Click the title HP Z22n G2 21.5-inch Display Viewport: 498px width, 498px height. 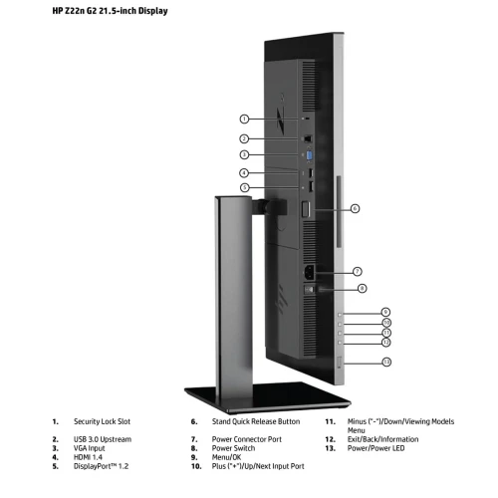click(x=110, y=11)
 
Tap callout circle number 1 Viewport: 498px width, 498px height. click(x=244, y=119)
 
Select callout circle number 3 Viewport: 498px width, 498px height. click(x=244, y=154)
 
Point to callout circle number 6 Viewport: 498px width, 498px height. click(x=355, y=208)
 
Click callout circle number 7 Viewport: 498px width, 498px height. click(x=358, y=272)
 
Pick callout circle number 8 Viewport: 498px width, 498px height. click(x=363, y=289)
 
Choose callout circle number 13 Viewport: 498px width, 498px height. click(x=386, y=362)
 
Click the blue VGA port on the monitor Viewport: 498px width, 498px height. click(x=309, y=156)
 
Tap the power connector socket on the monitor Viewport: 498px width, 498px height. click(x=310, y=272)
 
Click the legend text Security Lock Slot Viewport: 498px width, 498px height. click(x=102, y=421)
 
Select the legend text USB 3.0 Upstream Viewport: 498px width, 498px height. click(x=103, y=439)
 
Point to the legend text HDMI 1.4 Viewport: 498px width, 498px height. click(x=88, y=457)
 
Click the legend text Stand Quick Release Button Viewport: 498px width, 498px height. click(x=256, y=421)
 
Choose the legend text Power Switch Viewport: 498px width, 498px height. click(x=233, y=448)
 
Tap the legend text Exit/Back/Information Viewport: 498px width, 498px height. click(x=382, y=439)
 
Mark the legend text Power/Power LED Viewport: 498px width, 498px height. click(x=375, y=448)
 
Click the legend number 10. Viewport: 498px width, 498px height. click(x=196, y=466)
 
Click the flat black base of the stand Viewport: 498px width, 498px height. click(x=268, y=397)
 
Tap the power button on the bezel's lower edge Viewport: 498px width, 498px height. click(x=340, y=363)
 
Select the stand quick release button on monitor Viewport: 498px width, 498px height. click(x=306, y=210)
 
